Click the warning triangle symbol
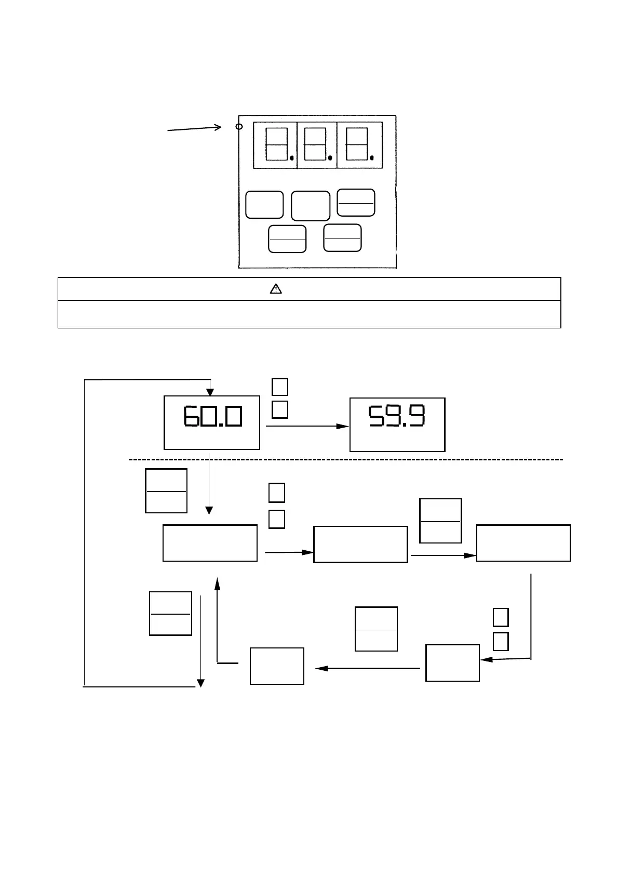276,289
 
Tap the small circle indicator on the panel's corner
239,126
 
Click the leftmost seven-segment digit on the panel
276,144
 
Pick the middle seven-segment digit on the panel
315,144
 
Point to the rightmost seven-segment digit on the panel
357,144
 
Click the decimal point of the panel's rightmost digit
371,157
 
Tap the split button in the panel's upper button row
356,203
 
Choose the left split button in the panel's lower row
287,239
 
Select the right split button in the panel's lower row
342,238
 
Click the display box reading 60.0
212,422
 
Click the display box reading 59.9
397,425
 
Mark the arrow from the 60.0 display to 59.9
307,426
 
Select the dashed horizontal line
345,460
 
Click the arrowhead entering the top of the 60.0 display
210,391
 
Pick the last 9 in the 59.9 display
417,416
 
